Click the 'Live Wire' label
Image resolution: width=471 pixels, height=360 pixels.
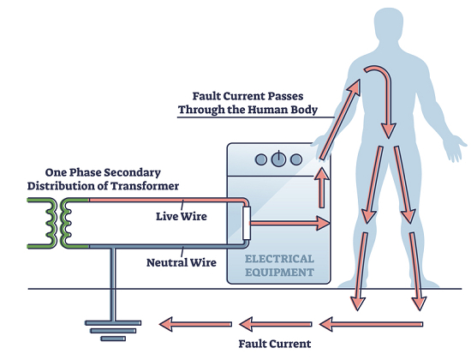[182, 216]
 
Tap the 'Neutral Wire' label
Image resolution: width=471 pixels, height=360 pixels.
[182, 262]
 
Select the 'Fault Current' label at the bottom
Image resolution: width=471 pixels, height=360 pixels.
[275, 344]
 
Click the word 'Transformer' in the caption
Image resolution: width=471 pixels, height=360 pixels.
[145, 186]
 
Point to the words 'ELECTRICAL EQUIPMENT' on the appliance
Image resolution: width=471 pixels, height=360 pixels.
[279, 266]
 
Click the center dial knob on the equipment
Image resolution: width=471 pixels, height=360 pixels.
[279, 159]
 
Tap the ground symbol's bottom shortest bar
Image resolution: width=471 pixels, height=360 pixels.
[113, 339]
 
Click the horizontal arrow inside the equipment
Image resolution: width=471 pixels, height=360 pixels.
[289, 223]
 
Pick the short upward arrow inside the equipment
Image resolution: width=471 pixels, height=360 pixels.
[322, 188]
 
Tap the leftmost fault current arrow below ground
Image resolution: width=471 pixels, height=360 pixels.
[195, 324]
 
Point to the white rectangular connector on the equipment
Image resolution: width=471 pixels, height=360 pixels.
[247, 223]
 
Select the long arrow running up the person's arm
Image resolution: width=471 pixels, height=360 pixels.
[339, 119]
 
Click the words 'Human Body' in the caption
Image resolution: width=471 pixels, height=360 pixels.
[283, 109]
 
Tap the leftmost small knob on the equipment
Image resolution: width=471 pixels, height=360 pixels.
[260, 159]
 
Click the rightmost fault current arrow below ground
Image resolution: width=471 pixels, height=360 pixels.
[371, 324]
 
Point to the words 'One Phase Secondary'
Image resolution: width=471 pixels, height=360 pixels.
[103, 172]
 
